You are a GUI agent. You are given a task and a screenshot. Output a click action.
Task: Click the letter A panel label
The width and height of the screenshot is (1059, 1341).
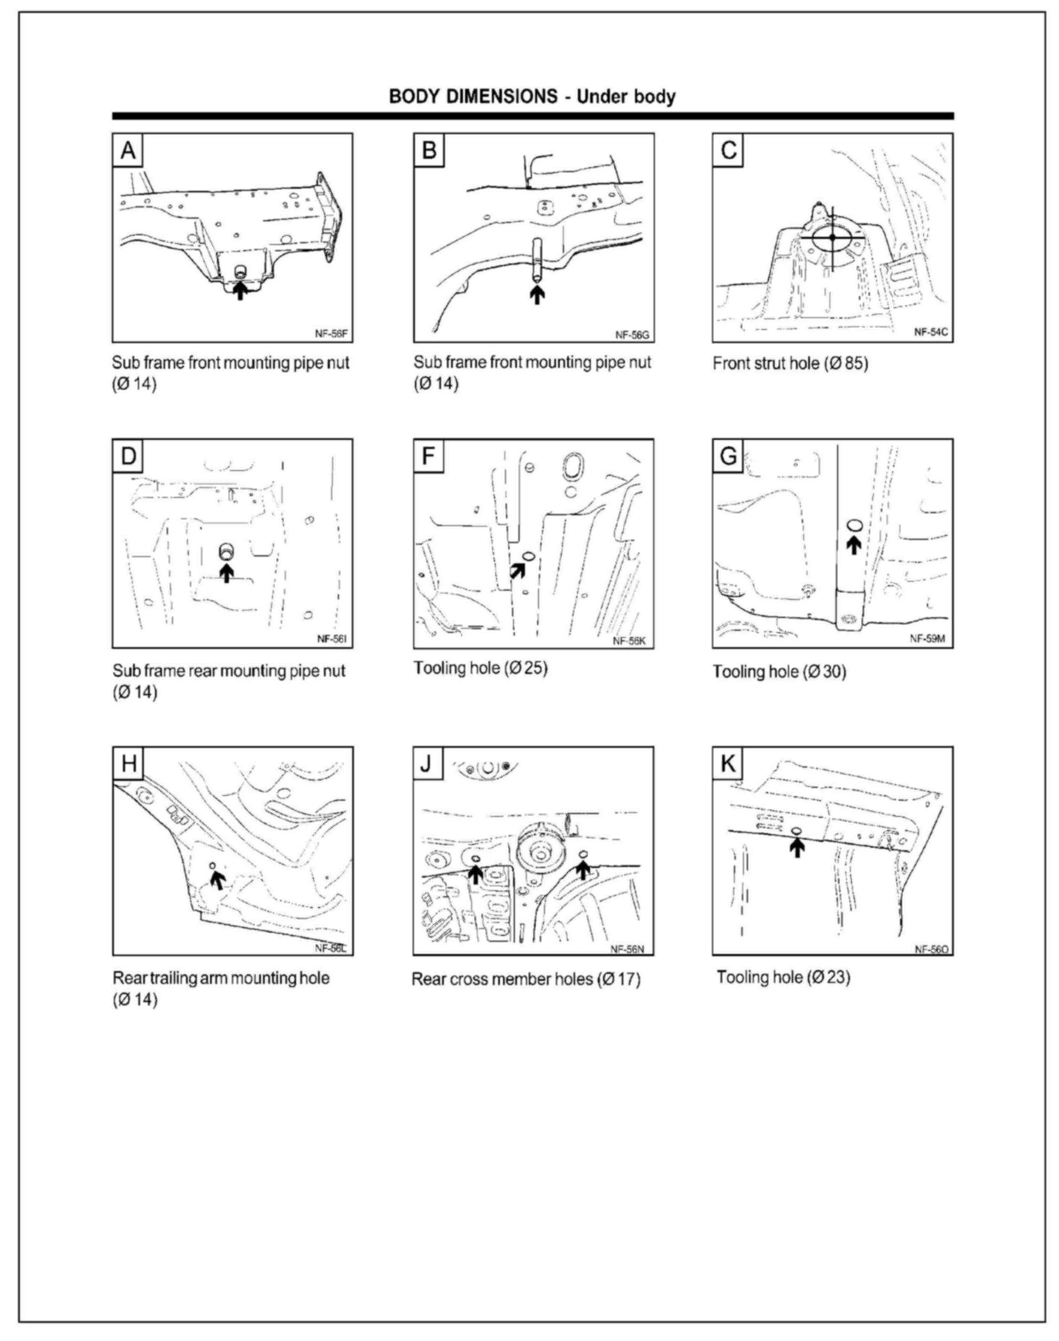128,150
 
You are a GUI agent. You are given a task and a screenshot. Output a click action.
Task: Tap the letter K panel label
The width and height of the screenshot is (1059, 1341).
728,764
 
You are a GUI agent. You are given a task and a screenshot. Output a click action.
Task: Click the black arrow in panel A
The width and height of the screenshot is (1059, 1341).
240,290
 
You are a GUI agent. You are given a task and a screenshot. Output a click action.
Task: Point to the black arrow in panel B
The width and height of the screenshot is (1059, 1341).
538,293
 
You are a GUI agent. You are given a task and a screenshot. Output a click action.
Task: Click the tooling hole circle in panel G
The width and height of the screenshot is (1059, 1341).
854,526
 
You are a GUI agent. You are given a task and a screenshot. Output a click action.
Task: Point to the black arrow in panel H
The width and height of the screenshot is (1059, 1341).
217,879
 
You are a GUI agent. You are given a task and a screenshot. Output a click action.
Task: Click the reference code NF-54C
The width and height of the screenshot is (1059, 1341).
931,332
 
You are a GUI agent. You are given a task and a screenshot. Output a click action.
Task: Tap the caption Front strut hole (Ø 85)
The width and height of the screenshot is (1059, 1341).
790,363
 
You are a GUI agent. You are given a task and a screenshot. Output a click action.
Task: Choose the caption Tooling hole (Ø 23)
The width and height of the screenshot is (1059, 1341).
783,977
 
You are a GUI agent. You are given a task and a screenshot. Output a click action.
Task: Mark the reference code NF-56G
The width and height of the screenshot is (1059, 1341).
632,335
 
